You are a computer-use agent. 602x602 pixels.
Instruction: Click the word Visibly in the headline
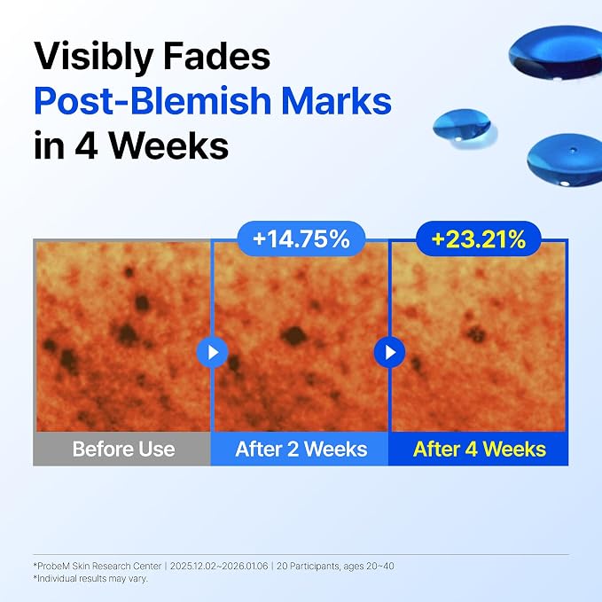[x=93, y=57]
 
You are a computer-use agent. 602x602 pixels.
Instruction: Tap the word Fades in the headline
[x=217, y=56]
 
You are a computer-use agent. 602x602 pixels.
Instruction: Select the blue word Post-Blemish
[x=152, y=101]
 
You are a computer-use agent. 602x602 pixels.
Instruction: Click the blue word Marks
[x=336, y=100]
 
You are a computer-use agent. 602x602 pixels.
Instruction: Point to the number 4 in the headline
[x=86, y=145]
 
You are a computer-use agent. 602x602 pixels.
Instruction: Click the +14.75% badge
[x=301, y=238]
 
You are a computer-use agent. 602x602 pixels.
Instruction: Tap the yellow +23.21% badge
[x=479, y=238]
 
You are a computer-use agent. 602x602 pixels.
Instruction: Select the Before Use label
[x=123, y=449]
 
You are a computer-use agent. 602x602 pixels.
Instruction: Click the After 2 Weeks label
[x=301, y=449]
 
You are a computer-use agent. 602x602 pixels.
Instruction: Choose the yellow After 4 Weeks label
[x=480, y=449]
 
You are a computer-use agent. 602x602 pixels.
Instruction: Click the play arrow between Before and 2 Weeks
[x=212, y=352]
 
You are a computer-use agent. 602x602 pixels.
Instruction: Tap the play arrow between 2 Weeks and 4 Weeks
[x=390, y=352]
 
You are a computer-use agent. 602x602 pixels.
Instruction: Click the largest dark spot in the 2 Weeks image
[x=294, y=336]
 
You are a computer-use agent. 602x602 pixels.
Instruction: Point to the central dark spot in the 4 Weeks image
[x=476, y=333]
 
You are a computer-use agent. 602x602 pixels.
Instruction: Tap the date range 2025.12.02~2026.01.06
[x=219, y=566]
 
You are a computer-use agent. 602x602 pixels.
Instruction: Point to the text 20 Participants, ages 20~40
[x=335, y=566]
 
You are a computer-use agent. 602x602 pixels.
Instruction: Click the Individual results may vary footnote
[x=90, y=578]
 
